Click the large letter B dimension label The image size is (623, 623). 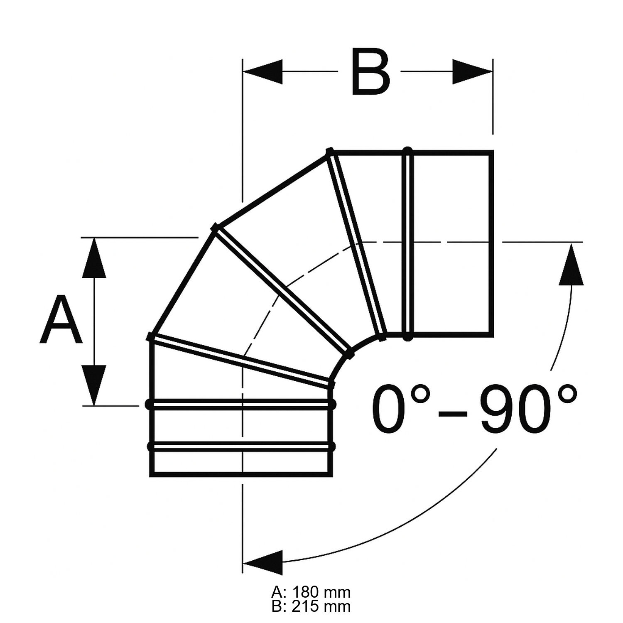tap(370, 71)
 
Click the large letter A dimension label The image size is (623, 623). tap(61, 320)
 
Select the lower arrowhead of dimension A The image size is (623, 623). tap(94, 385)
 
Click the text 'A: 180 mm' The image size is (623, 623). tap(311, 591)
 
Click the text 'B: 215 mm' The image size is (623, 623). tap(311, 606)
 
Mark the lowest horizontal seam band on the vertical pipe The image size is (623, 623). tap(241, 446)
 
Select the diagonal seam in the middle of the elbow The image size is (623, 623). tap(282, 291)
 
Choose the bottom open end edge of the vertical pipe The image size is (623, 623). tap(241, 474)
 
